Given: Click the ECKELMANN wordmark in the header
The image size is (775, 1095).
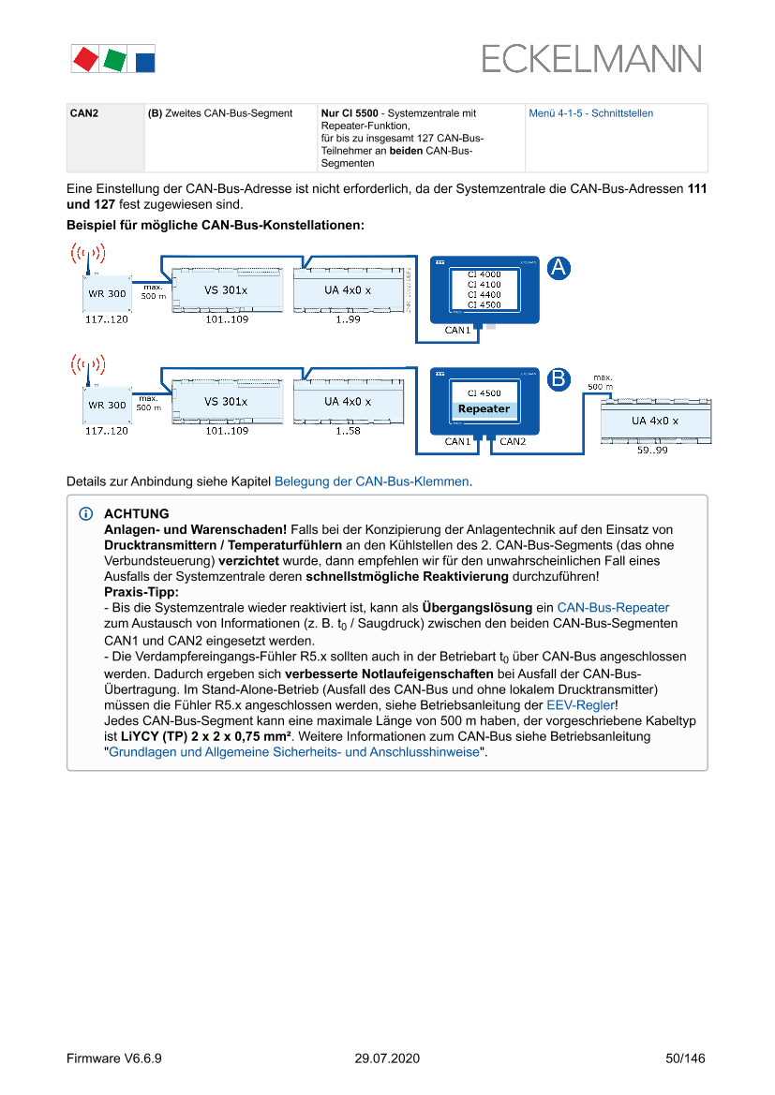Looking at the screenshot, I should (x=591, y=59).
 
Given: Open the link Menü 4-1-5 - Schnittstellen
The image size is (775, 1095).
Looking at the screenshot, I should (x=590, y=113).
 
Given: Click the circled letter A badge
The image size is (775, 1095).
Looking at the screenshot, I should (x=559, y=268).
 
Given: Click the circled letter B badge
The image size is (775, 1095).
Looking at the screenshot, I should (x=559, y=379).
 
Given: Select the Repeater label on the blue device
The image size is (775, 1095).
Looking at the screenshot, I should (x=484, y=409).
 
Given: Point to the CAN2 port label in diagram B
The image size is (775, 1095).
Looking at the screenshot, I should (x=513, y=441).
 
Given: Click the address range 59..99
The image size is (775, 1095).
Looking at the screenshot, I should (x=652, y=451).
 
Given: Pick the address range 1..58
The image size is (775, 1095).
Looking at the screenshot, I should (x=348, y=431).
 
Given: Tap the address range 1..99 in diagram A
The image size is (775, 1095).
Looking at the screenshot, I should (x=348, y=319).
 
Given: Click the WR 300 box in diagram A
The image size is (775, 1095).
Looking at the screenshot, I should (x=107, y=293).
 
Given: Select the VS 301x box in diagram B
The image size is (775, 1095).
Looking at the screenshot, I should (x=226, y=402).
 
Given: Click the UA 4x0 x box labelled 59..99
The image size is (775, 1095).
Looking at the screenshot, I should (x=654, y=421).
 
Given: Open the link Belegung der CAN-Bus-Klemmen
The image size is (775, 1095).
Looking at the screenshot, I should (x=371, y=481).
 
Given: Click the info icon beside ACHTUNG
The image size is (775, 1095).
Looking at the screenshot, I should (x=87, y=514).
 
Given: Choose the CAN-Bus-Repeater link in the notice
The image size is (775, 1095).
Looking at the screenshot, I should (x=613, y=608).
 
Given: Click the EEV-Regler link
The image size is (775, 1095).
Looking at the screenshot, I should (x=581, y=705).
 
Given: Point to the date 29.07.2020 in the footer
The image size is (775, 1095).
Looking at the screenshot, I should (x=387, y=1058).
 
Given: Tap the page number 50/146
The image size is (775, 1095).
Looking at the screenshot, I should (x=685, y=1058).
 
